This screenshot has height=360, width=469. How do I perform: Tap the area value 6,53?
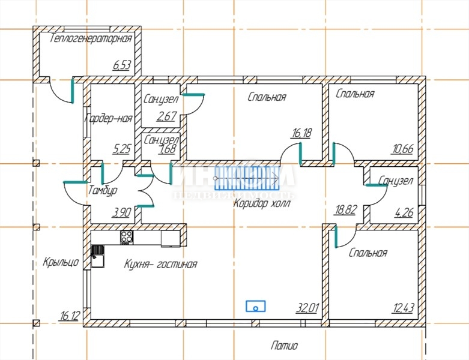(121, 65)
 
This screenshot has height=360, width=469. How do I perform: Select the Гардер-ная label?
(108, 118)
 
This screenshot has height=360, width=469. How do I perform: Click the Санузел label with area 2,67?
(160, 99)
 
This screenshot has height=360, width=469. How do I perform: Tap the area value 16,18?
(301, 133)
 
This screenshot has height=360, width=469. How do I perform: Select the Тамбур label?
(102, 190)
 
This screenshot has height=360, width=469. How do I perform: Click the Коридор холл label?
(261, 203)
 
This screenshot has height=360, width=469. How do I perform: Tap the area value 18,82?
(345, 209)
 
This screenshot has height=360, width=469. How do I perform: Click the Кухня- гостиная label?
(161, 264)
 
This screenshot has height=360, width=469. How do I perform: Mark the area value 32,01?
(307, 308)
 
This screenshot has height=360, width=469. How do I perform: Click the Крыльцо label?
(61, 262)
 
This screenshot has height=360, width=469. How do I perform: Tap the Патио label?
(284, 346)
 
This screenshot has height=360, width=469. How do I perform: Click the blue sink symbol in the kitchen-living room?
(256, 306)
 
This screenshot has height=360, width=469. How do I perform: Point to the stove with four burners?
(127, 237)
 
